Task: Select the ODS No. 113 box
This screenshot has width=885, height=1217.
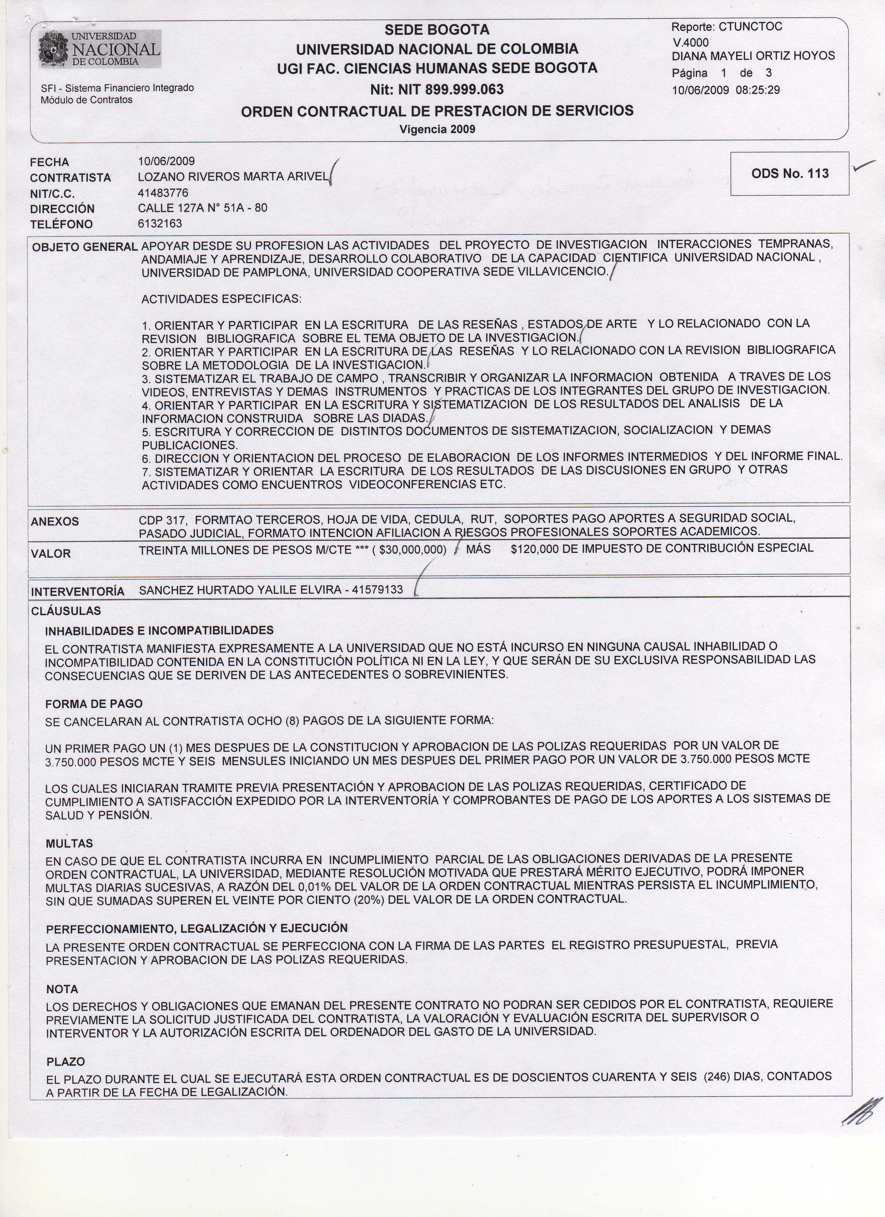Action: tap(790, 173)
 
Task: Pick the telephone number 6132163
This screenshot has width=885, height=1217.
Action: tap(160, 223)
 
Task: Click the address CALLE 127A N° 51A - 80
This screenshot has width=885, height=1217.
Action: tap(202, 208)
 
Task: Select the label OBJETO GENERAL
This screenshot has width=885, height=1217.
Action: tap(85, 247)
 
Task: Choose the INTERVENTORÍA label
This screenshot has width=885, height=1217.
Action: tap(78, 592)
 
